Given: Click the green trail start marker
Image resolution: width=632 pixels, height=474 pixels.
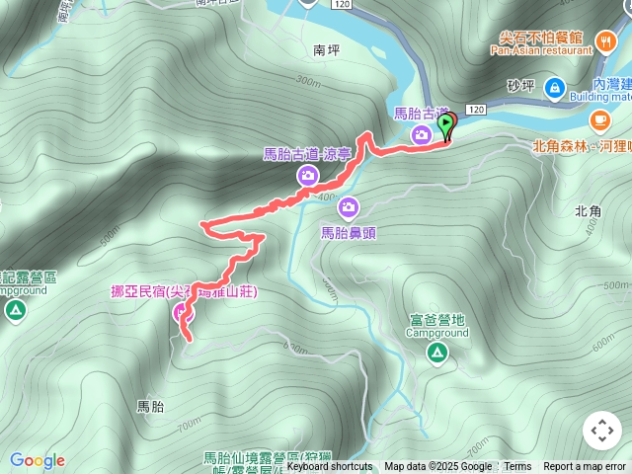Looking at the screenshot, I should [x=446, y=125].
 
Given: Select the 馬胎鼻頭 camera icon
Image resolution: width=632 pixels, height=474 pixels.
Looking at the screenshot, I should [x=349, y=207].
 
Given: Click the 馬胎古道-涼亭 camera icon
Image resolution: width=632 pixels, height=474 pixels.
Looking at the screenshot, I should [x=307, y=176].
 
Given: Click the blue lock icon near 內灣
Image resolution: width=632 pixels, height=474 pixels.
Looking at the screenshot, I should [x=553, y=88].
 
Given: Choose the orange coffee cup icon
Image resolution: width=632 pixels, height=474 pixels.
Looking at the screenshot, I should [x=599, y=119].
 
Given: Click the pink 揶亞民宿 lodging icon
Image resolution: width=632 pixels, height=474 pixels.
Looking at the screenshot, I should [x=182, y=314].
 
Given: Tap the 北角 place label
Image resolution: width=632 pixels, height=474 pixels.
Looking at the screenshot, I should [x=587, y=211].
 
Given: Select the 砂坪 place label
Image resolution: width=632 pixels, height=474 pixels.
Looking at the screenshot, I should [x=519, y=87].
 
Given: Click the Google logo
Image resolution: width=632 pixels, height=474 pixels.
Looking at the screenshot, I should [x=38, y=460].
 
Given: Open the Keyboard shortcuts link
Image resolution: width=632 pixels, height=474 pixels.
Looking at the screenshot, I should [x=330, y=467].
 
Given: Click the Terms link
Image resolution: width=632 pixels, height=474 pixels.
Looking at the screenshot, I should [x=517, y=467].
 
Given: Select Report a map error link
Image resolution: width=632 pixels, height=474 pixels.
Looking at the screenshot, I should [x=585, y=467].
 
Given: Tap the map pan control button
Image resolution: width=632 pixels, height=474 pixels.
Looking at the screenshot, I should [x=601, y=431].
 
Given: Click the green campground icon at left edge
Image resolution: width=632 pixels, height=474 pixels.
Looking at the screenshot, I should [x=15, y=311].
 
